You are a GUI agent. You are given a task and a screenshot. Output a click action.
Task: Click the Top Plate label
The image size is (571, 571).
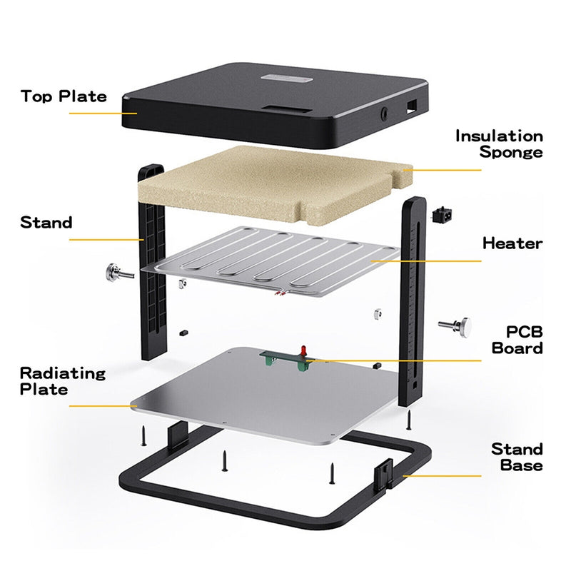click(64, 96)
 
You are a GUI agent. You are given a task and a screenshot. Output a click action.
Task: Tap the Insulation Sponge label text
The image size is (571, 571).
click(499, 143)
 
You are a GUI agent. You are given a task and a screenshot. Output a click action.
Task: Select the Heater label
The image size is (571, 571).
click(512, 243)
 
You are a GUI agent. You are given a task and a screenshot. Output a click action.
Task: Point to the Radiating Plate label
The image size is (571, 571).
click(62, 381)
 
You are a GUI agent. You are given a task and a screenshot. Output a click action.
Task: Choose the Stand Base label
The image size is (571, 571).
click(516, 457)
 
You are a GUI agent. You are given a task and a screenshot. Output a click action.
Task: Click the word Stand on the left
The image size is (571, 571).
click(46, 223)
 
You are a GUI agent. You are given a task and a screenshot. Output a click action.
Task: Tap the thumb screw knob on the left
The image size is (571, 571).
click(113, 271)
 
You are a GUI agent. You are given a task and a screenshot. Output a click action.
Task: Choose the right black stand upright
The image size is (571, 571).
click(413, 300)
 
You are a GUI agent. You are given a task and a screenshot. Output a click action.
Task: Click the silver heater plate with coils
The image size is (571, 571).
click(271, 264)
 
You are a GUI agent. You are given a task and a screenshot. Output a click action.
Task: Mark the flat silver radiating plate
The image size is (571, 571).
click(264, 400)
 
